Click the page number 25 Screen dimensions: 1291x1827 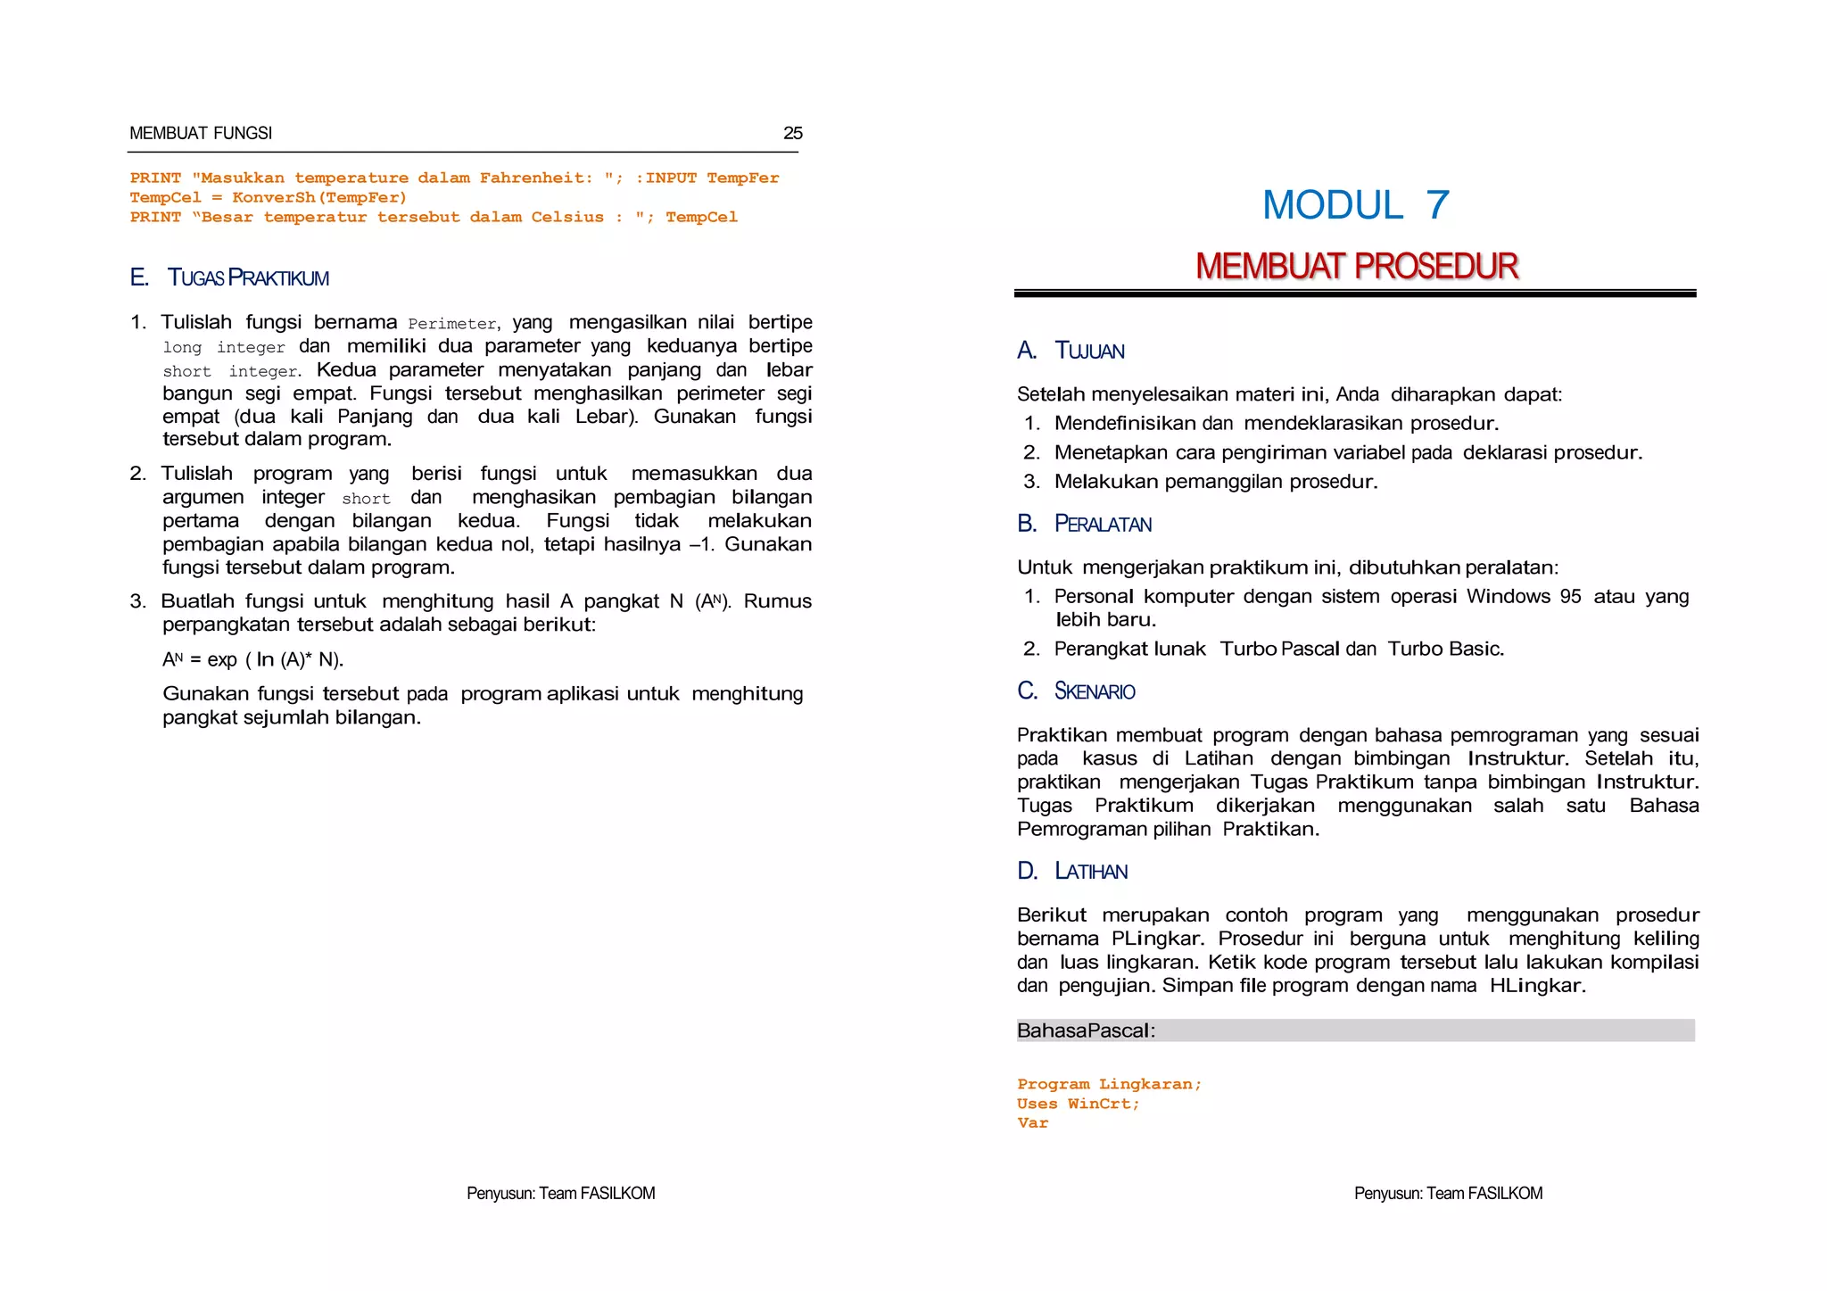(792, 133)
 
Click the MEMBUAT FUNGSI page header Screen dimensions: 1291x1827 (201, 133)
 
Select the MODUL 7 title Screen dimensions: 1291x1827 (1355, 205)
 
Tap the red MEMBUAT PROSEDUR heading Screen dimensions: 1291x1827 (1356, 266)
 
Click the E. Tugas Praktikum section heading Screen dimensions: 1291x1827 (229, 277)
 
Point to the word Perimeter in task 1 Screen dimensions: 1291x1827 (452, 324)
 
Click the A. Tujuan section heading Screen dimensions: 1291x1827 (1071, 351)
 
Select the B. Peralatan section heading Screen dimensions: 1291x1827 (1084, 524)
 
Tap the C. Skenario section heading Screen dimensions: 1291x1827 (1076, 691)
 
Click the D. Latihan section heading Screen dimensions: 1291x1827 (1072, 871)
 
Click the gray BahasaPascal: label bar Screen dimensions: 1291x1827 (1354, 1030)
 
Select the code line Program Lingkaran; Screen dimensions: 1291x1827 (1109, 1084)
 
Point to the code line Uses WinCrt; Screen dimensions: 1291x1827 (1078, 1104)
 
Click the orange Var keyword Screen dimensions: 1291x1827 (1032, 1123)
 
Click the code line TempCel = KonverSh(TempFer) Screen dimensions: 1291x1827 (268, 197)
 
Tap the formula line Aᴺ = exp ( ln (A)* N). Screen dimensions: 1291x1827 (252, 660)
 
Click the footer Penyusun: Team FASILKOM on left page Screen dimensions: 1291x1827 (560, 1193)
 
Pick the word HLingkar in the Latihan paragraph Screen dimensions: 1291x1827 (1536, 986)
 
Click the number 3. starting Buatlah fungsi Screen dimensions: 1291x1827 (137, 601)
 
